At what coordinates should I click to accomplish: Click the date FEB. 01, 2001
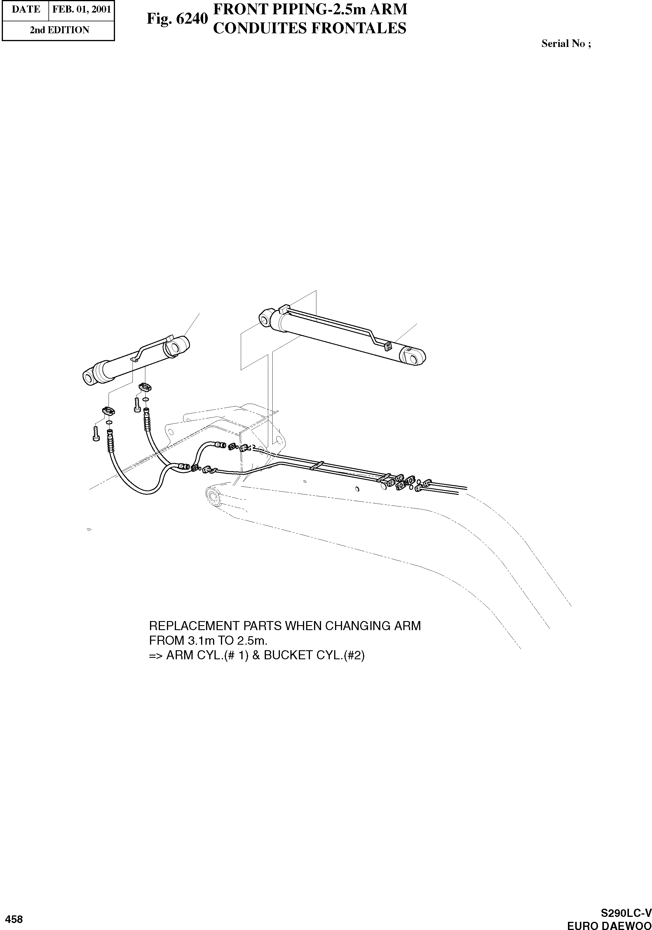pos(81,9)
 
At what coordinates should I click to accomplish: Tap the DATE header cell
pos(25,9)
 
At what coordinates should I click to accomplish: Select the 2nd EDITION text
pos(59,30)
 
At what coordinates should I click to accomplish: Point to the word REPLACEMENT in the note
pos(194,626)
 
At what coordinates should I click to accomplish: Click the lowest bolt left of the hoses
pos(96,434)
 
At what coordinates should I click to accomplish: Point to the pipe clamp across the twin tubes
pos(316,466)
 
